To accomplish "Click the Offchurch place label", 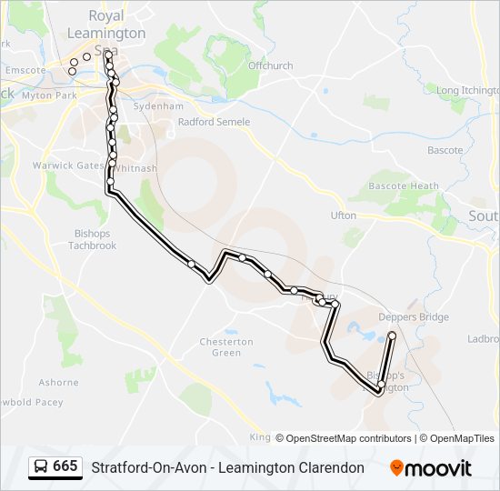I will pyautogui.click(x=270, y=65).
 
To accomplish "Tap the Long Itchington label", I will pyautogui.click(x=467, y=90).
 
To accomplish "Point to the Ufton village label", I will pyautogui.click(x=344, y=215).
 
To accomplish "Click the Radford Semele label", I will pyautogui.click(x=214, y=122).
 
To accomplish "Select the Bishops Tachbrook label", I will pyautogui.click(x=92, y=239).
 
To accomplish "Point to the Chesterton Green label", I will pyautogui.click(x=226, y=346).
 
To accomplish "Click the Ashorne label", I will pyautogui.click(x=58, y=383).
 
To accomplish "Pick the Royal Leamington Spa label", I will pyautogui.click(x=106, y=33).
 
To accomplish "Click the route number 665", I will pyautogui.click(x=65, y=466).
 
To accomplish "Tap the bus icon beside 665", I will pyautogui.click(x=41, y=467).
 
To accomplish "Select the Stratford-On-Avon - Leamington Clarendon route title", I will pyautogui.click(x=227, y=467).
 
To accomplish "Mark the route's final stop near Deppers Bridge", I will pyautogui.click(x=392, y=336).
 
